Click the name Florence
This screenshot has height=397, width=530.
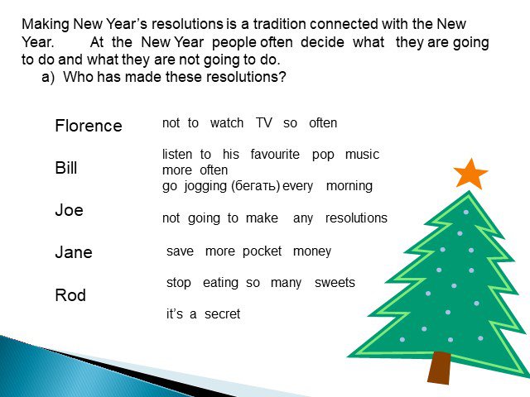coord(89,126)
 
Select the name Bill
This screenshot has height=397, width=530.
coord(66,167)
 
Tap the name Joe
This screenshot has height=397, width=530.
coord(69,210)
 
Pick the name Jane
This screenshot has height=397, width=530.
coord(74,252)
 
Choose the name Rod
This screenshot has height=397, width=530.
coord(70,294)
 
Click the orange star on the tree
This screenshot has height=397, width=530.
coord(470,175)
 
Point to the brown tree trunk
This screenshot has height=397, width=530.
coord(440,367)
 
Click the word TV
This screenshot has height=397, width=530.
coord(263,123)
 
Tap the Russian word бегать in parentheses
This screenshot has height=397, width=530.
coord(255,185)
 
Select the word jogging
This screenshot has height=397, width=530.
coord(205,186)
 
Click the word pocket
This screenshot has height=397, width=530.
coord(262,251)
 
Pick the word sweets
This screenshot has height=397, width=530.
coord(335,283)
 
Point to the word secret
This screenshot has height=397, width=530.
coord(222,314)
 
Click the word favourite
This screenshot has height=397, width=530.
coord(275,155)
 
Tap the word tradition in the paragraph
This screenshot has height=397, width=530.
coord(280,24)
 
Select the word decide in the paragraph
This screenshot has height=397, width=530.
coord(322,42)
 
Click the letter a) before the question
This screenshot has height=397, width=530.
coord(48,77)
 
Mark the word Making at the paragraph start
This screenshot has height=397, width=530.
coord(46,25)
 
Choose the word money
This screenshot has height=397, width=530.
coord(312,251)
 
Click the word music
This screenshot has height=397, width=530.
coord(362,155)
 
